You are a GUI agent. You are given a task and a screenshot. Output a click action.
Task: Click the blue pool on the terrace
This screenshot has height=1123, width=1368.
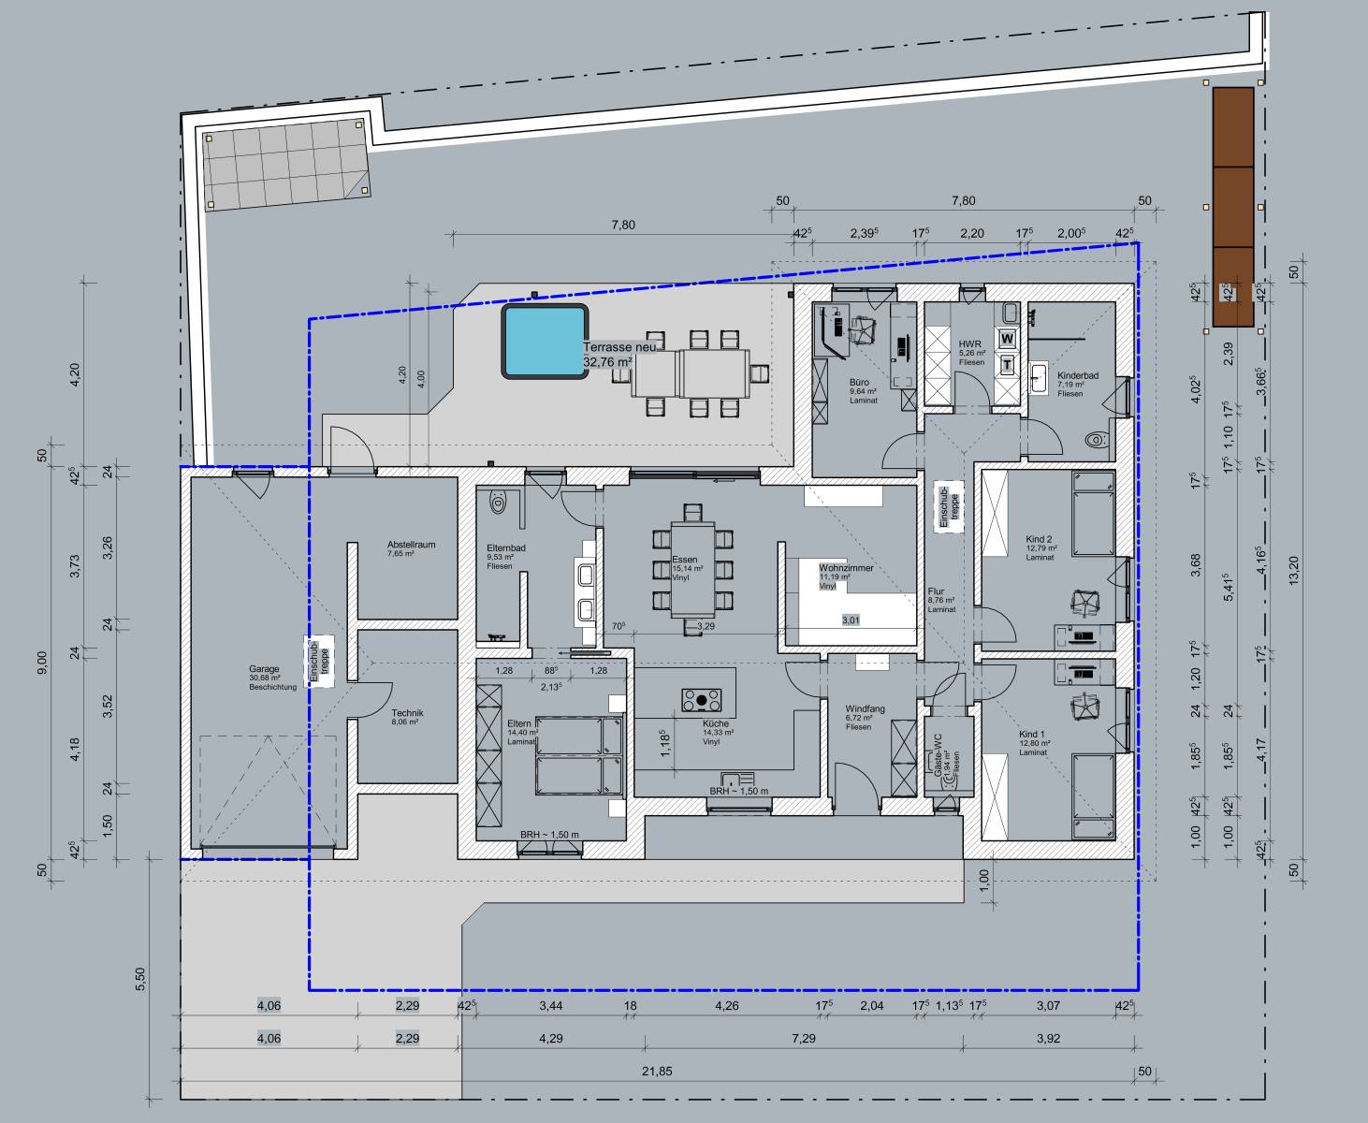point(544,341)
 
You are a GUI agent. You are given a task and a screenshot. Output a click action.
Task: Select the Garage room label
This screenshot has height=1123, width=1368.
point(264,669)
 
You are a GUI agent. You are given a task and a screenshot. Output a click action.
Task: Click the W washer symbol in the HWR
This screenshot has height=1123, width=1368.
point(1007,337)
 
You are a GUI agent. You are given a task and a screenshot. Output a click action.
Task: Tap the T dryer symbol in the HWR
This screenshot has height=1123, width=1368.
point(1007,362)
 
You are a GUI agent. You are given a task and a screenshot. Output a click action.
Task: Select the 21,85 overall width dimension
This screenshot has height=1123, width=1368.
point(657,1072)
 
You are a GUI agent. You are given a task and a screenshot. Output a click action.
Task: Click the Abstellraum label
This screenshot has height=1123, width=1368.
point(411,545)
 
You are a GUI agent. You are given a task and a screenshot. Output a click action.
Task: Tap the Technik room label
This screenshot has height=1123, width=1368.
point(408,712)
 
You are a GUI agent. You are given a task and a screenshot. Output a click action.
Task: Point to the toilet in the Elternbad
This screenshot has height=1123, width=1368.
point(499,502)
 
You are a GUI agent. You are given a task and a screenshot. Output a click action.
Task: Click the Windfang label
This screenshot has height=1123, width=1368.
point(864,709)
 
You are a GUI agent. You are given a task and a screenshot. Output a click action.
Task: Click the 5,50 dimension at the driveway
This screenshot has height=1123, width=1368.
point(140,977)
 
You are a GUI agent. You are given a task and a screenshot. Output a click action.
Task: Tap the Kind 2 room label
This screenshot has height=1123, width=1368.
point(1039,540)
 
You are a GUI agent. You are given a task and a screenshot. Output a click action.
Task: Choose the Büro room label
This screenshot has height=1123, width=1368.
point(859,383)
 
